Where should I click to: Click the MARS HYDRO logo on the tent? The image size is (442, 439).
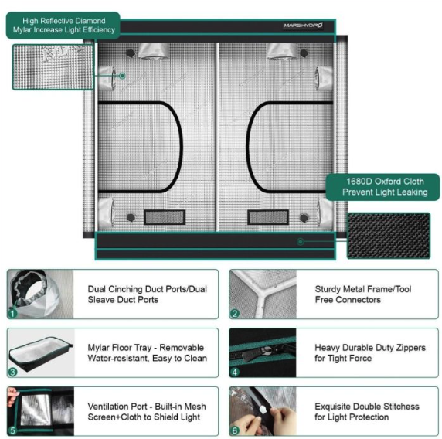click(x=303, y=26)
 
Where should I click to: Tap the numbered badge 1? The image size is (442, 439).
click(x=12, y=313)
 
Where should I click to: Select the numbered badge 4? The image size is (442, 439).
click(x=235, y=373)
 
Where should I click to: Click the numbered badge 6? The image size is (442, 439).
click(x=235, y=430)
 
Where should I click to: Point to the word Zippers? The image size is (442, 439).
click(x=411, y=348)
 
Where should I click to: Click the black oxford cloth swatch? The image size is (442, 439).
click(x=389, y=236)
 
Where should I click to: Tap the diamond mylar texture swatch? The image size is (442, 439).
click(x=53, y=66)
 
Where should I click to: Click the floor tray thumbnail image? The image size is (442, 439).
click(x=41, y=353)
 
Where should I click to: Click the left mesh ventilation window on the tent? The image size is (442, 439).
click(x=165, y=217)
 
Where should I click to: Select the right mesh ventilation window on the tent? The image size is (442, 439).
click(x=268, y=217)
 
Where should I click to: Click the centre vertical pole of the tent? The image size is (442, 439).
click(x=217, y=137)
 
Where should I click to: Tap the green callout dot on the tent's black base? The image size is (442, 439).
click(x=301, y=241)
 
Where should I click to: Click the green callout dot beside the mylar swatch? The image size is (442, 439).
click(x=122, y=76)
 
